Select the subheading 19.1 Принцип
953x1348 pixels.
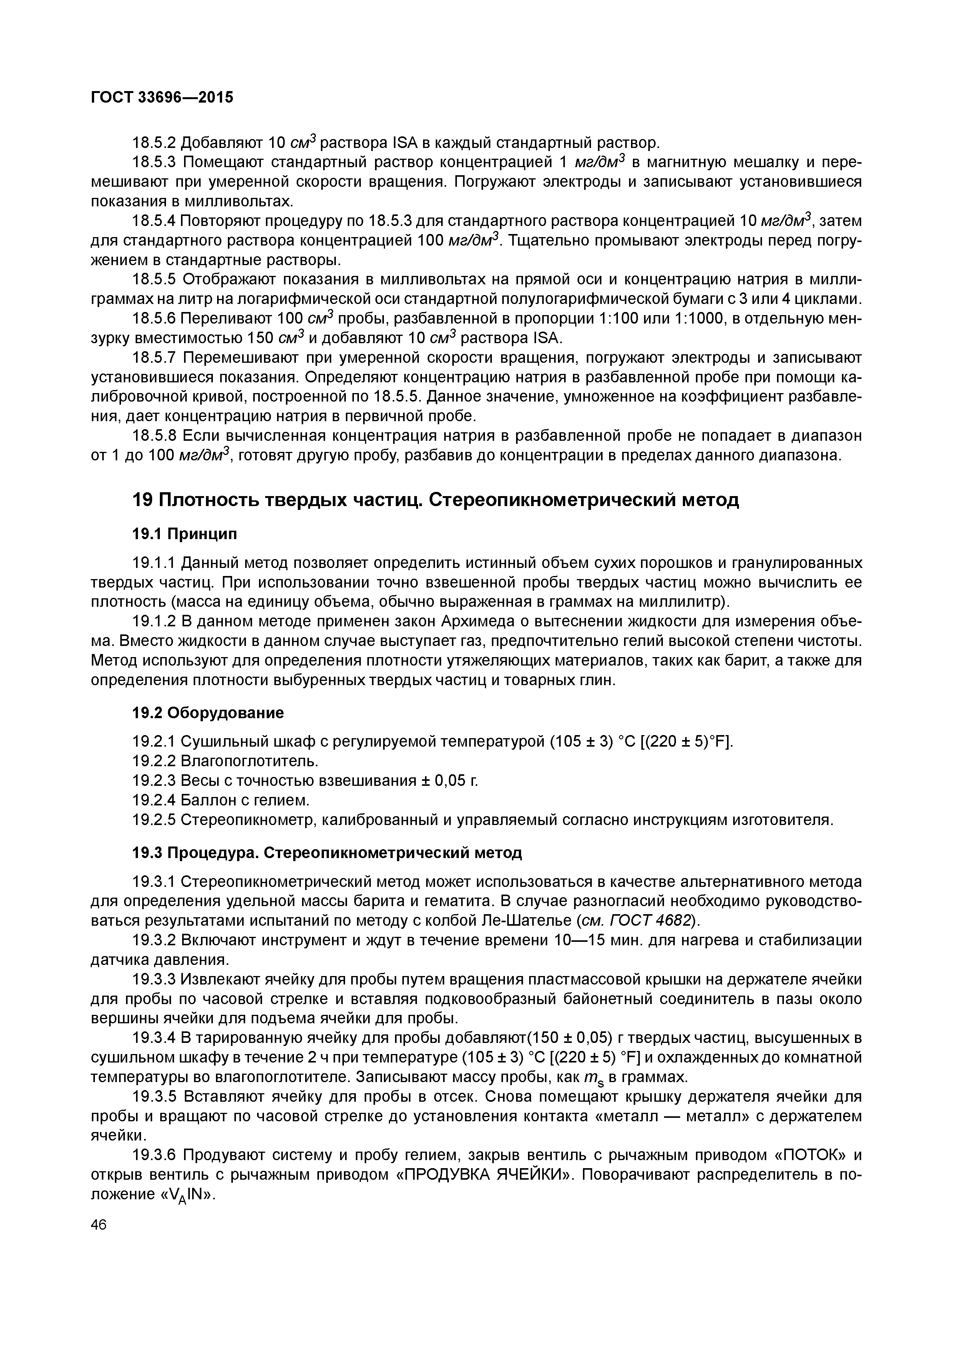pos(185,534)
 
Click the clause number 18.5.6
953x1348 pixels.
pos(154,319)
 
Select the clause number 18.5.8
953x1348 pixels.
pos(154,436)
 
